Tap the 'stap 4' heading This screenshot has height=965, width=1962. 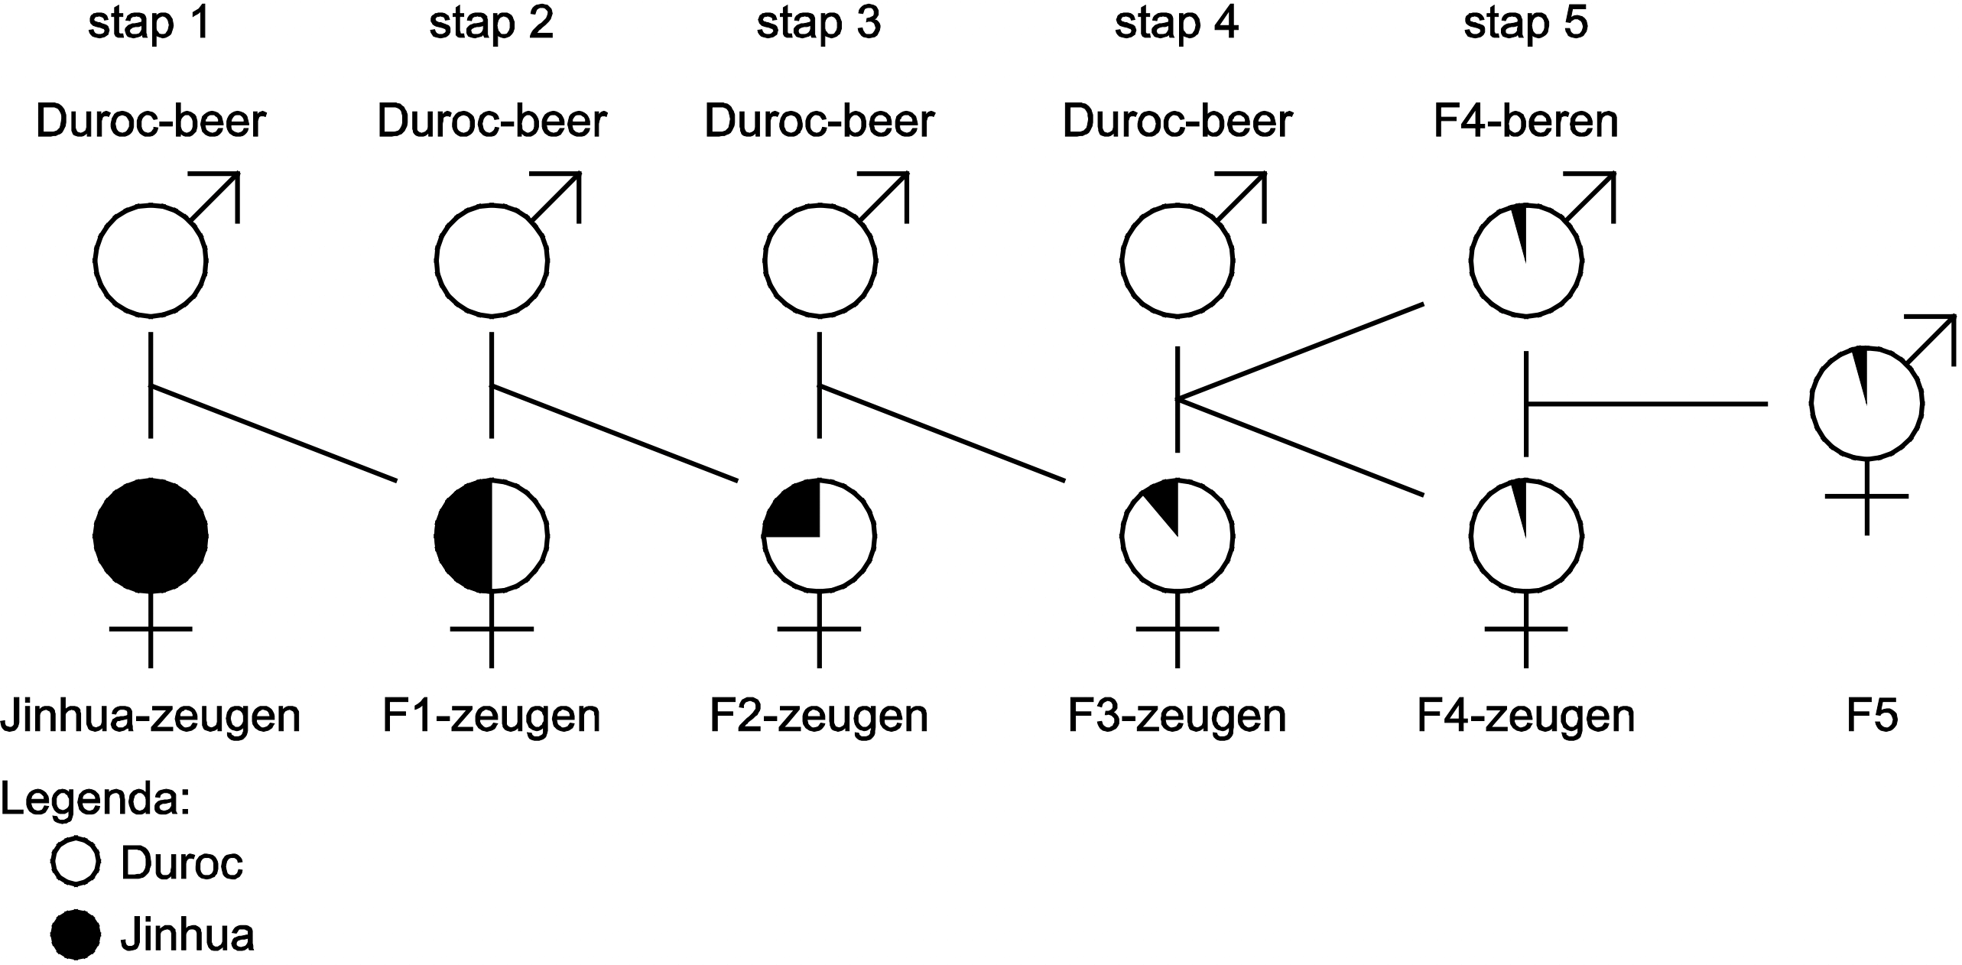tap(1176, 24)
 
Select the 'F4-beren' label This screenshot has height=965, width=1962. tap(1525, 122)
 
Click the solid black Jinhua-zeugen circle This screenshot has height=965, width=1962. tap(151, 536)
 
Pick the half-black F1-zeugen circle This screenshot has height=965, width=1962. tap(491, 536)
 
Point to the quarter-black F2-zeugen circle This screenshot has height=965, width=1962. tap(819, 536)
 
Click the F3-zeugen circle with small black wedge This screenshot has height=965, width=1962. tap(1177, 536)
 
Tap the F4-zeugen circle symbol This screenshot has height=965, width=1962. tap(1525, 536)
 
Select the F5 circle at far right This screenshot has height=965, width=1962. tap(1866, 403)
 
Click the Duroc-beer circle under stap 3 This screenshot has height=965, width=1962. tap(819, 260)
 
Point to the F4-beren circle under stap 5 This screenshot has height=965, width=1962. tap(1525, 260)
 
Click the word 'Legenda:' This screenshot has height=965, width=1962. tap(96, 801)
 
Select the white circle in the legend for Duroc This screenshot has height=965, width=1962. tap(76, 863)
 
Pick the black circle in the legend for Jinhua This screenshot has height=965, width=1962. tap(76, 934)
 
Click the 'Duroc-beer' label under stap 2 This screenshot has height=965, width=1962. tap(492, 122)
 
